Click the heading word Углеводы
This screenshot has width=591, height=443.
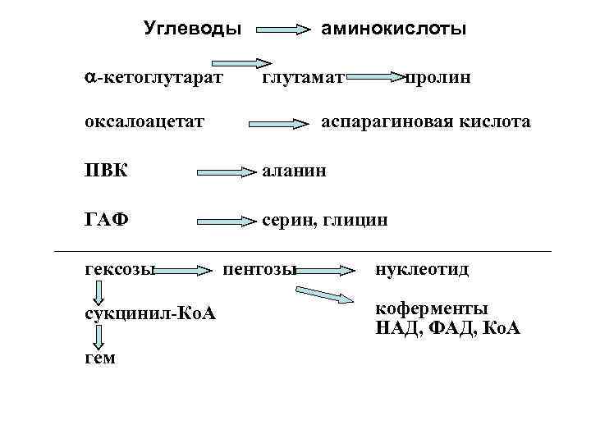tap(193, 30)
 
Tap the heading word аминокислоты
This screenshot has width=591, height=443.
tap(394, 30)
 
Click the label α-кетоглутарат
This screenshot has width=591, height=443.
tap(153, 77)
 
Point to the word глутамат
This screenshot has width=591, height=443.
tap(303, 77)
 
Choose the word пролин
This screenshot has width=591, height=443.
tap(438, 77)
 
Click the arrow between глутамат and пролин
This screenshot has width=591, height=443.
tap(376, 77)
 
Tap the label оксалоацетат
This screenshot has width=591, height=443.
tap(144, 122)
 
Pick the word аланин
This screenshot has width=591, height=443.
tap(293, 171)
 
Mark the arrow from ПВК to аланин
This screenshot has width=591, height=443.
tap(227, 171)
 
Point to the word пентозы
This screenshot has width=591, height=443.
tap(259, 268)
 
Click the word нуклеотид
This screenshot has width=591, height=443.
tap(422, 268)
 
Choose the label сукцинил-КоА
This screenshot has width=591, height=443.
tap(150, 314)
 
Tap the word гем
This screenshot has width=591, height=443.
tap(100, 358)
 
